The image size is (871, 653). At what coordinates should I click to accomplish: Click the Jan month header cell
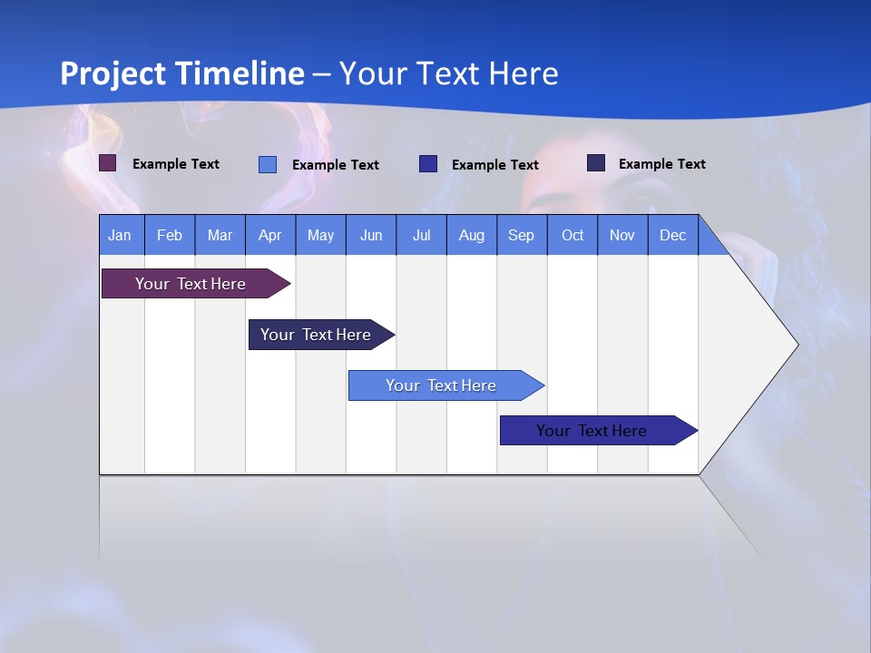(x=121, y=235)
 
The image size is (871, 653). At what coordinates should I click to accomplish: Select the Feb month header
(x=170, y=235)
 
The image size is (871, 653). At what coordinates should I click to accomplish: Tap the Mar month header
(x=220, y=235)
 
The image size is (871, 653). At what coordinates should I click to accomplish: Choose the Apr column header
(x=270, y=235)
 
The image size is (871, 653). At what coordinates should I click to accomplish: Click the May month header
(x=320, y=235)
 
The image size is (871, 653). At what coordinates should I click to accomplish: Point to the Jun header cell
(x=371, y=235)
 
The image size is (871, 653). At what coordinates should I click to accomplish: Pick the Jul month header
(x=421, y=235)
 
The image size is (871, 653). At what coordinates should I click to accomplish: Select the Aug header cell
(x=472, y=235)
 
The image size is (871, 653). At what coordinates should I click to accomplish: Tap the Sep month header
(x=522, y=235)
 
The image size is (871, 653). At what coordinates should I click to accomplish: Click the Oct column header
(x=573, y=235)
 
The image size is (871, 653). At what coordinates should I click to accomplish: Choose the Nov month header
(x=622, y=235)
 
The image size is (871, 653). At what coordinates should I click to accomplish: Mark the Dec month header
(x=673, y=235)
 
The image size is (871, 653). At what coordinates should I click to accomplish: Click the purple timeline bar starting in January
(x=191, y=284)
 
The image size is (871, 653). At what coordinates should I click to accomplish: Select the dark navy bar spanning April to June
(x=317, y=335)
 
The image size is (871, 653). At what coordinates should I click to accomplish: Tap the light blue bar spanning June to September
(x=442, y=385)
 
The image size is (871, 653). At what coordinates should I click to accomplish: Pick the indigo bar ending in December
(x=592, y=431)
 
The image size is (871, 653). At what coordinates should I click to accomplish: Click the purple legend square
(x=108, y=163)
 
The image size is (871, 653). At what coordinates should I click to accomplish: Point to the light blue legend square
(x=268, y=164)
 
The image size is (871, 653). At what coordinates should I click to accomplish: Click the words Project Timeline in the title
(x=182, y=73)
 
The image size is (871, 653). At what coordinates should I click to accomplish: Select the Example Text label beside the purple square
(x=176, y=164)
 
